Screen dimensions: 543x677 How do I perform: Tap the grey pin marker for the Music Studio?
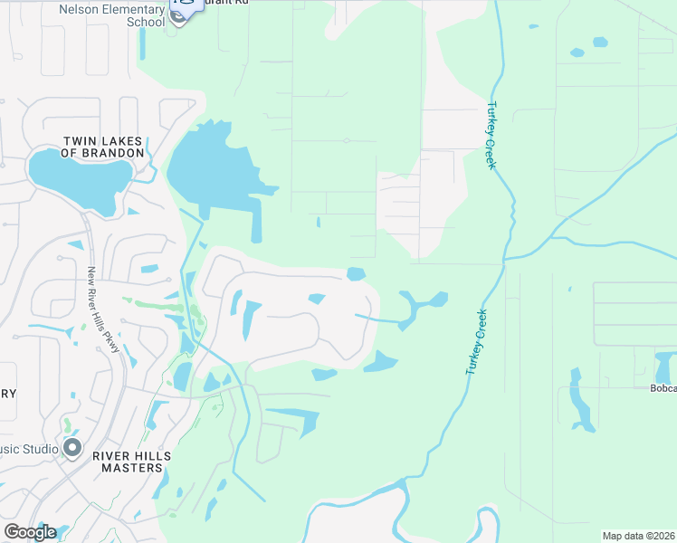(x=72, y=447)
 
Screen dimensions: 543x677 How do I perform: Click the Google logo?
(x=29, y=532)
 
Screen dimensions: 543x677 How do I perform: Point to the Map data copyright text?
(x=639, y=535)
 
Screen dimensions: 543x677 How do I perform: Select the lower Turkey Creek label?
(x=476, y=343)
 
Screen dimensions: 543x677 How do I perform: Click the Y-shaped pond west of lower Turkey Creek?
(x=419, y=306)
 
